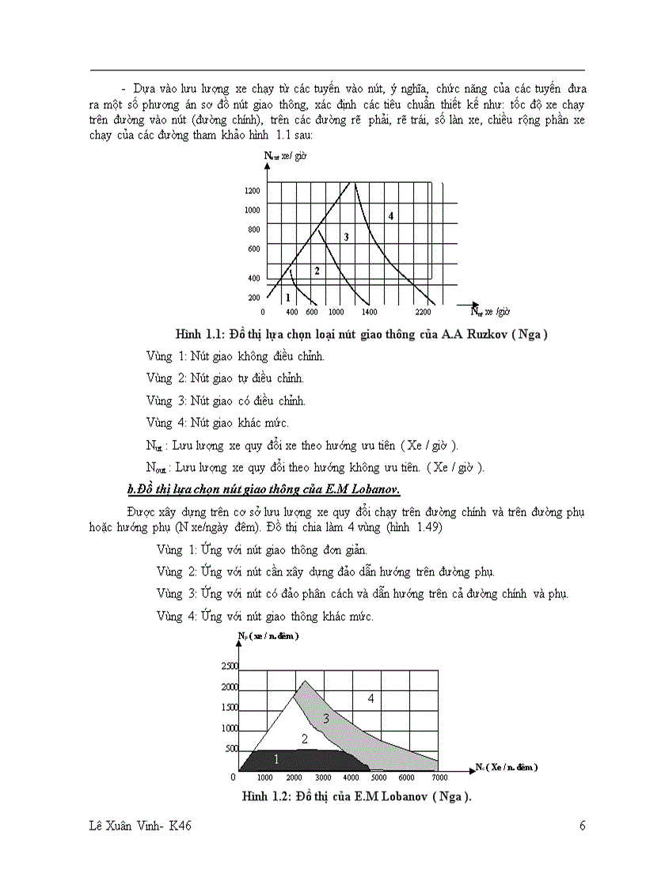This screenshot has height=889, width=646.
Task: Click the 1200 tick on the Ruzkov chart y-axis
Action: click(x=253, y=191)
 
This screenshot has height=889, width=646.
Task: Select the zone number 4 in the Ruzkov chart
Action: click(x=390, y=215)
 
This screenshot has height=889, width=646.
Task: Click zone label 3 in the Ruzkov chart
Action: click(x=345, y=237)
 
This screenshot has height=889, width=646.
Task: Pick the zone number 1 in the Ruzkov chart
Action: click(x=287, y=297)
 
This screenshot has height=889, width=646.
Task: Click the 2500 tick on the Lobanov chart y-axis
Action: click(x=229, y=667)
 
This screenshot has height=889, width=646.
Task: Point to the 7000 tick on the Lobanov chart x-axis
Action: click(x=436, y=777)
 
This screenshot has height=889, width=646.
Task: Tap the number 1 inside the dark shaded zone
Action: click(x=275, y=759)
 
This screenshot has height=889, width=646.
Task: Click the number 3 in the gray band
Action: click(x=325, y=719)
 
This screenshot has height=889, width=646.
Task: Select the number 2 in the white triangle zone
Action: click(x=303, y=739)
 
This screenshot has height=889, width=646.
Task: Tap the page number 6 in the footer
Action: click(x=582, y=826)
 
